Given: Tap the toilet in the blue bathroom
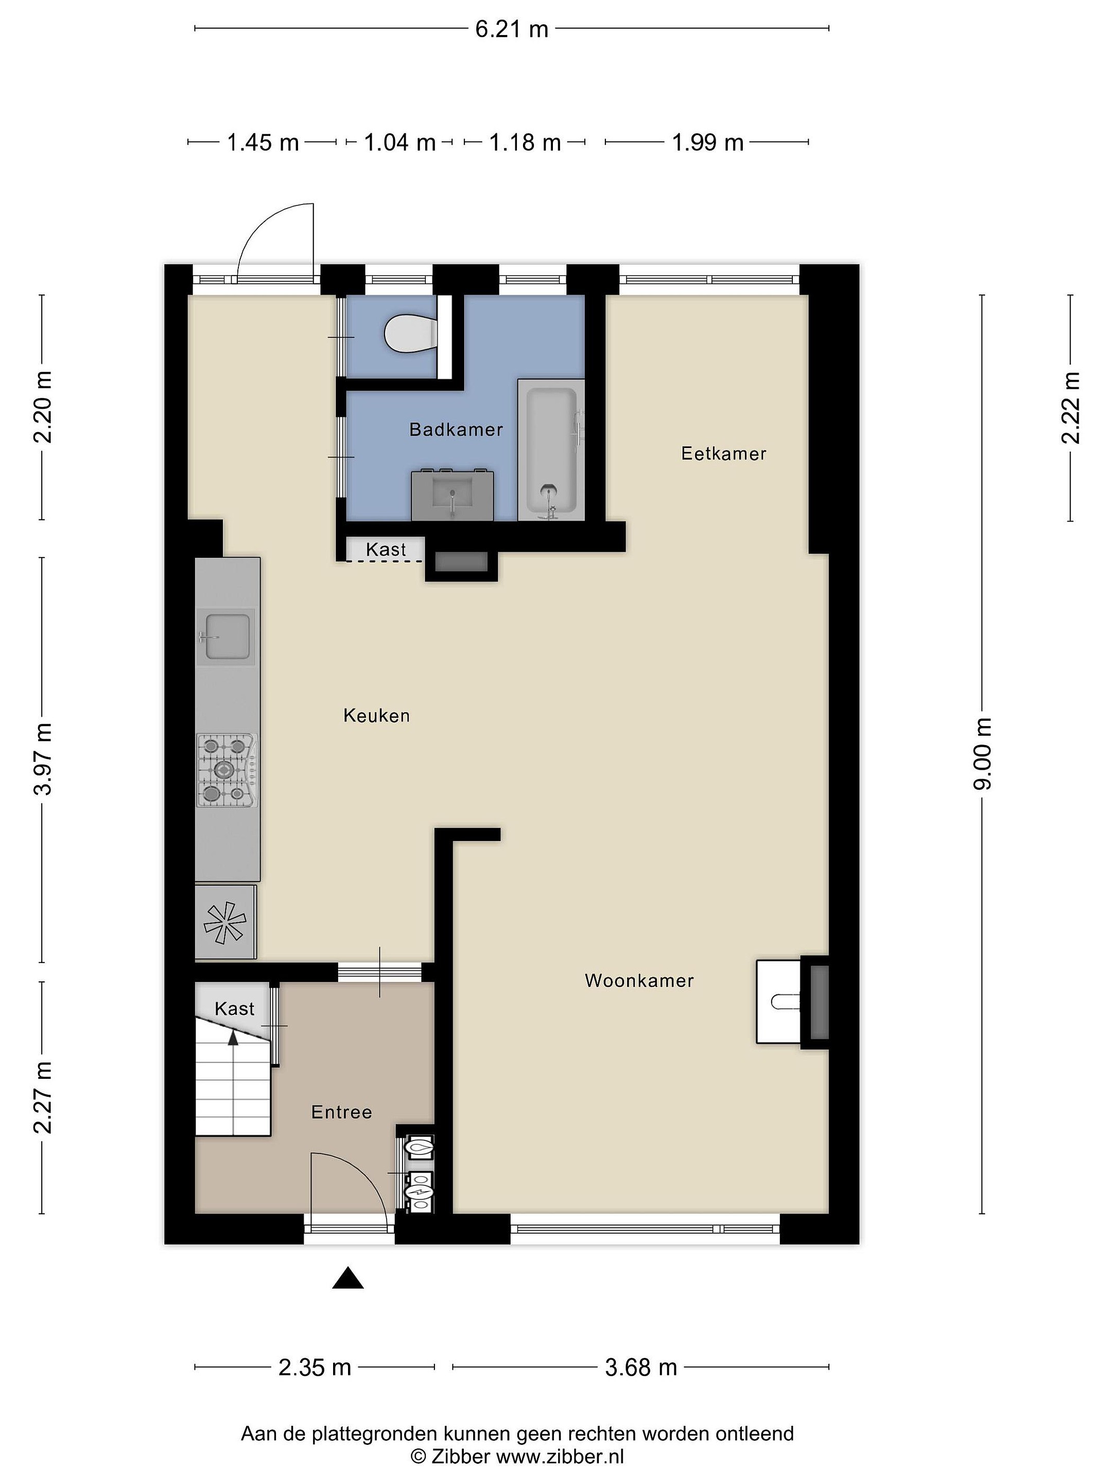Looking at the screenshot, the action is point(411,333).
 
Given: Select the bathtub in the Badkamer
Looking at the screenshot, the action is point(550,450).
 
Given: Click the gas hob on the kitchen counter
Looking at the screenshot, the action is point(227,770).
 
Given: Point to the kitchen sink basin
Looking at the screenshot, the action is point(228,636).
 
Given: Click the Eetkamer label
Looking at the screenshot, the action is point(723,454).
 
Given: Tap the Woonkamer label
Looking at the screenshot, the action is point(639,981).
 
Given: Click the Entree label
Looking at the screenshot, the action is point(341,1112).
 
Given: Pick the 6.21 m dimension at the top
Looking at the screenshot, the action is point(511,29).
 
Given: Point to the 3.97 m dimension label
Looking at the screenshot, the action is point(42,759).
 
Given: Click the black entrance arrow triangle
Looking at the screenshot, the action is point(348,1279).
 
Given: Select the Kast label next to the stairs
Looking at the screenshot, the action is point(235,1009).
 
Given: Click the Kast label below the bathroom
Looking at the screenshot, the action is point(386,550).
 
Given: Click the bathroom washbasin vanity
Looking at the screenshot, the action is point(452,495).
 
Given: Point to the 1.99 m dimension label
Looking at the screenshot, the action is point(708,143).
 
